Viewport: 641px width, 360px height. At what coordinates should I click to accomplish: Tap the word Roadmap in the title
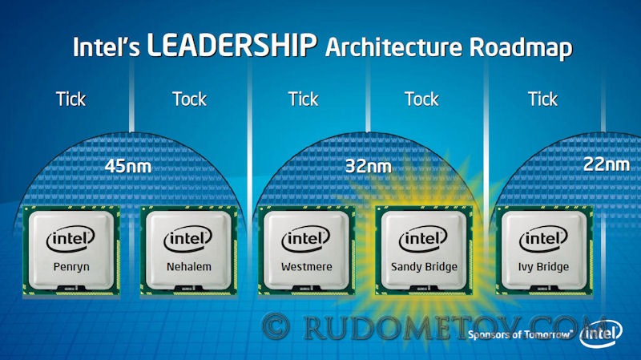point(520,47)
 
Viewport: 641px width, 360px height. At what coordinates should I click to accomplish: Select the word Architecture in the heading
point(393,47)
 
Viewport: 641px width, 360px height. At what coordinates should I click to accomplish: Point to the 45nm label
point(128,167)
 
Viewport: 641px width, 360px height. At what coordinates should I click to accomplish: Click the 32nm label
point(369,167)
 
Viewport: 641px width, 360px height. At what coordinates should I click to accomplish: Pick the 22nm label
point(607,164)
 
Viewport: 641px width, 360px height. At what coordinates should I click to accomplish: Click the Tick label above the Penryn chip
point(71,99)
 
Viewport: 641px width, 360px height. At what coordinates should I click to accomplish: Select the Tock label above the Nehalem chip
point(189,99)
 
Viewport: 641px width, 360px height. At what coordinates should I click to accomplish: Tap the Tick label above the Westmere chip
point(303,99)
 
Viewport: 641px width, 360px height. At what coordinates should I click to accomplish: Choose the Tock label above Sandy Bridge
point(421,99)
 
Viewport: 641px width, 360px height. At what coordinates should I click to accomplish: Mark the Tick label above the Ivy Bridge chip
point(542,99)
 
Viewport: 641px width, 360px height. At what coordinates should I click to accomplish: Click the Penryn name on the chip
point(71,267)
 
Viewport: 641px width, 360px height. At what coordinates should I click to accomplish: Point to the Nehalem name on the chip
point(189,267)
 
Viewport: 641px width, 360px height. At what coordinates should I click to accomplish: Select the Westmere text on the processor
point(307,267)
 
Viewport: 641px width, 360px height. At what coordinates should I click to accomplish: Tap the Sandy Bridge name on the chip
point(424,267)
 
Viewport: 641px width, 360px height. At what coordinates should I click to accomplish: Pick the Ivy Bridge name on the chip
point(543,267)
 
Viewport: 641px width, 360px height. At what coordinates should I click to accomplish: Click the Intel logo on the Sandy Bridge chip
point(423,239)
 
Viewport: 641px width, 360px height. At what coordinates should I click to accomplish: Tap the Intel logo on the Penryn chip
point(71,239)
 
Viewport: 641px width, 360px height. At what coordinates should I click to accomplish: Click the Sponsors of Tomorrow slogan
point(519,335)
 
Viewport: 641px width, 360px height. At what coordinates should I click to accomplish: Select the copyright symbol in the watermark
point(276,326)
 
